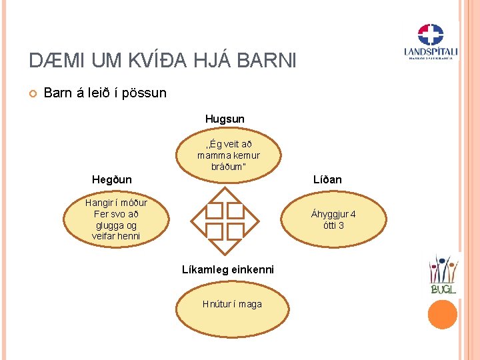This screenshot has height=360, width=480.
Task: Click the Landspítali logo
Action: pos(430,42)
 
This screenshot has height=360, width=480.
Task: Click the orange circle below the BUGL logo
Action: pos(443,314)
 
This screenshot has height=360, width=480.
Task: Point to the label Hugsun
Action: pos(225,119)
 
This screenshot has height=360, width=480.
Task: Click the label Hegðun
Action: pos(111,179)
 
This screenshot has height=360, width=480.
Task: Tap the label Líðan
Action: pos(327,179)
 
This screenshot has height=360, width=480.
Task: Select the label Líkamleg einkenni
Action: pos(228,269)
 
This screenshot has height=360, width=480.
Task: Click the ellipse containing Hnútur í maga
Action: pos(232,305)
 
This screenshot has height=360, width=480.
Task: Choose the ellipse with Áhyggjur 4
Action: pos(333,220)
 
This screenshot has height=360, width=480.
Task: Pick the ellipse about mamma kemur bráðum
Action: pos(228,155)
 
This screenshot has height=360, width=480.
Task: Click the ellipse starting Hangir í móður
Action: pos(116,219)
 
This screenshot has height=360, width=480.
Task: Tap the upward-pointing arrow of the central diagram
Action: pos(224,193)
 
